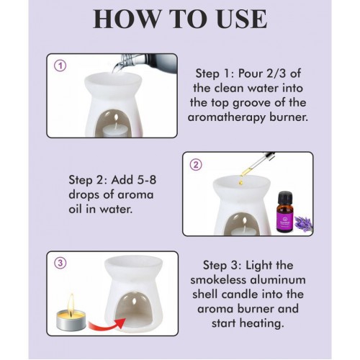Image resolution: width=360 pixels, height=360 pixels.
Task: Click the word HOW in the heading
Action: point(127,19)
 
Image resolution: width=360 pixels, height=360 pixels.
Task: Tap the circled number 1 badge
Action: point(60,66)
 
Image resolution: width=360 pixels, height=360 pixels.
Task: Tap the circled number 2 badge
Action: point(196,165)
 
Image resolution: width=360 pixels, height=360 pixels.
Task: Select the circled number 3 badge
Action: point(60,263)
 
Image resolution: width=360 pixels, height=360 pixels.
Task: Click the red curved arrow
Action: point(107,325)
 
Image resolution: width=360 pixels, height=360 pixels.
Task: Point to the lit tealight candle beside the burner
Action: point(71,315)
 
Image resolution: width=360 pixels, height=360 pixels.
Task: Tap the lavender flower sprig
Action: point(303,224)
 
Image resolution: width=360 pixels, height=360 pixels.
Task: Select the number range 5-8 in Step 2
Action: point(143,180)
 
